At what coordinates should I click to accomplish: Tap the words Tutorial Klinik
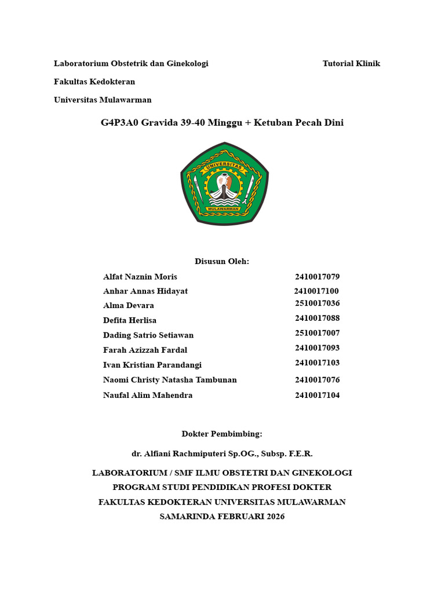click(x=351, y=64)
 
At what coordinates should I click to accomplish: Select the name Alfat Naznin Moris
click(x=140, y=277)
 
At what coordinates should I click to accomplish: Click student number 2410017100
click(x=316, y=291)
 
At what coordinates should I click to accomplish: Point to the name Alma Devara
click(x=129, y=306)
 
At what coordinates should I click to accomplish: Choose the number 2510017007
click(x=317, y=333)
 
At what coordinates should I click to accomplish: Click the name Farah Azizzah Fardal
click(x=145, y=350)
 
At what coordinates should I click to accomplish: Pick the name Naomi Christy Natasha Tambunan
click(x=170, y=380)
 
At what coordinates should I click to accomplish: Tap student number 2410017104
click(x=317, y=396)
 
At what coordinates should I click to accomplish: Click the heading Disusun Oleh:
click(x=222, y=261)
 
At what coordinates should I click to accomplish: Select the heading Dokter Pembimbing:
click(x=222, y=434)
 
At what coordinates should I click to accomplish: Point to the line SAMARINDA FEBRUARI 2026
click(x=222, y=517)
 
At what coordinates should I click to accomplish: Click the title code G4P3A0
click(x=119, y=123)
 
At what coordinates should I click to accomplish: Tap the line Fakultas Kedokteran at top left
click(x=94, y=82)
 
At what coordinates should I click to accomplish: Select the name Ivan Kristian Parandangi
click(x=152, y=365)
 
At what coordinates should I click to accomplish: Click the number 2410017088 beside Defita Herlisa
click(x=317, y=318)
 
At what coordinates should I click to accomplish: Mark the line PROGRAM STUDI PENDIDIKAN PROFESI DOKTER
click(x=222, y=488)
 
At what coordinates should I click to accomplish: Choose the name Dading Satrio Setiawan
click(x=148, y=335)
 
